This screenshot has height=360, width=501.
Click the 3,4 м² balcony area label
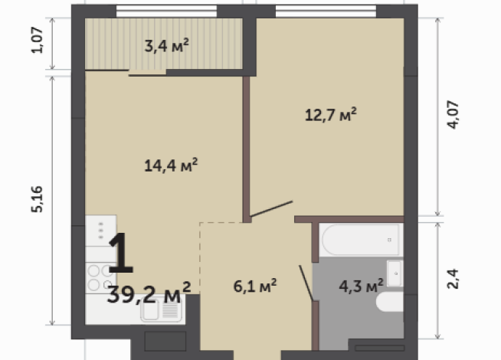coord(166,46)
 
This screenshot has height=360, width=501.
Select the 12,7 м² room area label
coord(331,115)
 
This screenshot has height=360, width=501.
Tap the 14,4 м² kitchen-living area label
coord(171,165)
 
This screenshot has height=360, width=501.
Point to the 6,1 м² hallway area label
coord(255,286)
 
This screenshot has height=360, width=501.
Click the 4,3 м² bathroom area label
coord(361,286)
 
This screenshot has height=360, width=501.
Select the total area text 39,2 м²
coord(149,293)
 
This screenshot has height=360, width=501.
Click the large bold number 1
coord(121,253)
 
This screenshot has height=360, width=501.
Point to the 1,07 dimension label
coord(37,41)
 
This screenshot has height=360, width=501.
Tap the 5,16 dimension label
coord(37,199)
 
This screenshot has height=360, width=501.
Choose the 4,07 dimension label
coord(453,115)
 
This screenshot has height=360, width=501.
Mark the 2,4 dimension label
coord(453,279)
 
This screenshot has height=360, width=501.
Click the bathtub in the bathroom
coord(361,240)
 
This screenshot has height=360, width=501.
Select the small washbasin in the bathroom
coord(395,273)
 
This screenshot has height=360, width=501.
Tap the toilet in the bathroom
coord(390,302)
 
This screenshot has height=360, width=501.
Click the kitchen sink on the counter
coord(161,310)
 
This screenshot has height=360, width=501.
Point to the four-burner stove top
coord(100,278)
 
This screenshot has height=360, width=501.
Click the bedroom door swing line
coord(271,209)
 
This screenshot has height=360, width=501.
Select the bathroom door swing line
coord(306,283)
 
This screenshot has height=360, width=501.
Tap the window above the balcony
coord(166,11)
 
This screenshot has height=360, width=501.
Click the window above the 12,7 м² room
coord(326,11)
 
